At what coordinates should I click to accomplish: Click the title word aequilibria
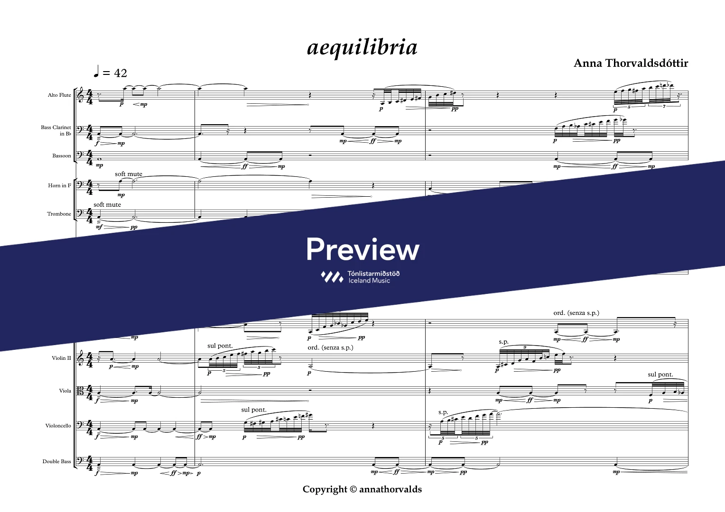(362, 48)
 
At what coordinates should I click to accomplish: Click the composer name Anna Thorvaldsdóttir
(631, 63)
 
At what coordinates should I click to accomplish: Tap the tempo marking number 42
(121, 73)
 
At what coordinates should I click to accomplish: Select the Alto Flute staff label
(59, 95)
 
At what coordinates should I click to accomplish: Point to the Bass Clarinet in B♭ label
(56, 130)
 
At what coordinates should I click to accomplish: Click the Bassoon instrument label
(62, 155)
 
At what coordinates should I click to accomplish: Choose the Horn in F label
(60, 185)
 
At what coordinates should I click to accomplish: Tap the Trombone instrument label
(59, 214)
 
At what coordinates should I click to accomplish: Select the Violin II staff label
(61, 358)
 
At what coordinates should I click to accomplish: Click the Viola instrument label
(65, 391)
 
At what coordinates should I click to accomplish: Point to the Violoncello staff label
(58, 426)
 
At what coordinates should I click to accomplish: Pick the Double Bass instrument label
(56, 461)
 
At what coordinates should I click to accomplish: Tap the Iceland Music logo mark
(332, 277)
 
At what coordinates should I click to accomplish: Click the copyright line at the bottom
(362, 489)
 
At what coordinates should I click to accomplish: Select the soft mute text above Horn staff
(129, 174)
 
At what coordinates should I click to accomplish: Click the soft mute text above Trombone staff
(107, 205)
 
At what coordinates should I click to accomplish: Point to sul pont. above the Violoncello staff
(254, 410)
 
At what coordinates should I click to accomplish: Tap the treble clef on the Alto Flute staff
(81, 94)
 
